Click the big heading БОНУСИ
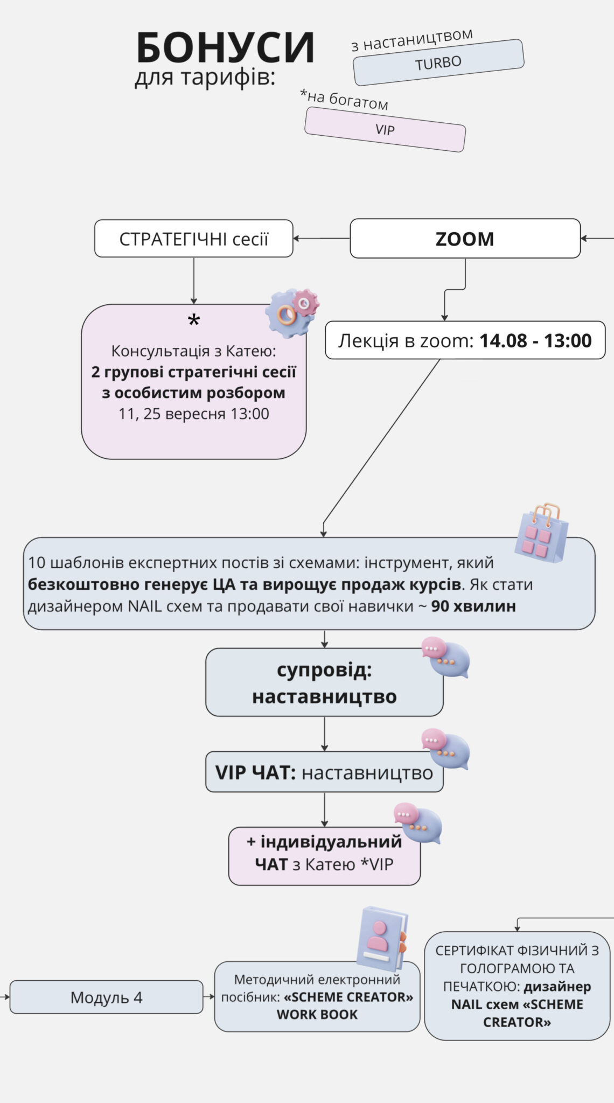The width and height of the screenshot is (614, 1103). tap(225, 48)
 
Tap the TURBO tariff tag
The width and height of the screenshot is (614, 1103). tap(438, 62)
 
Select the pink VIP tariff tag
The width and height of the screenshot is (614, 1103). tap(385, 129)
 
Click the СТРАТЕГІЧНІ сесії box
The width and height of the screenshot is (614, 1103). tap(193, 239)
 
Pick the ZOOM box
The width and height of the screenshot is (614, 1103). tap(465, 239)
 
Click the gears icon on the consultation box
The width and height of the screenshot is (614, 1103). tap(292, 312)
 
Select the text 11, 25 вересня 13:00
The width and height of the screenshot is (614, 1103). tap(193, 414)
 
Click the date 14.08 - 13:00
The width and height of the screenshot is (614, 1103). tap(535, 340)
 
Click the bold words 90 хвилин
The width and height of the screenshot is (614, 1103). tap(473, 606)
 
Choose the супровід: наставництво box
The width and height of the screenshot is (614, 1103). tap(324, 682)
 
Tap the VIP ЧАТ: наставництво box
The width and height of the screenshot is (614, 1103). tap(324, 772)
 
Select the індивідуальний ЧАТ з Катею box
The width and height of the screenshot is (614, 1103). tap(324, 856)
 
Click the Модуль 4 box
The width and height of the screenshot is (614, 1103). tap(106, 997)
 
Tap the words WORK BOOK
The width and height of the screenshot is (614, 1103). tap(317, 1015)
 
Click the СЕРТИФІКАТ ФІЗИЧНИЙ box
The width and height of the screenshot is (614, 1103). tap(517, 986)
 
